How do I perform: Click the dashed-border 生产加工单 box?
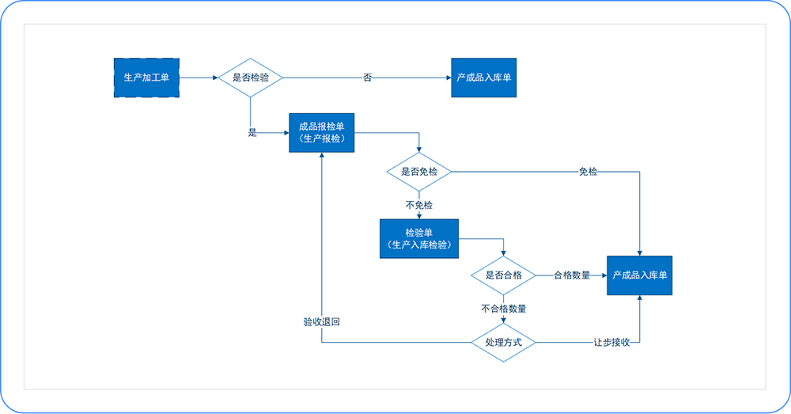tap(147, 78)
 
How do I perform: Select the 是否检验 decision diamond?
tap(250, 78)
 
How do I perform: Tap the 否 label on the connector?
tap(367, 78)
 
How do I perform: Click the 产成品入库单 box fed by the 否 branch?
tap(484, 78)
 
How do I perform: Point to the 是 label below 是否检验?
tap(252, 133)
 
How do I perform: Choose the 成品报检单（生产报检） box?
tap(321, 131)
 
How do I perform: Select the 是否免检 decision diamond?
tap(418, 172)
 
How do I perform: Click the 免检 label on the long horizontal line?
tap(588, 172)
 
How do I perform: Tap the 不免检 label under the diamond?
tap(418, 205)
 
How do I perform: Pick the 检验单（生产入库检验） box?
tap(419, 237)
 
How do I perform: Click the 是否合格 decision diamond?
tap(503, 275)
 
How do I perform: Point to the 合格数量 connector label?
tap(572, 275)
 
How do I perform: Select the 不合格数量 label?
tap(503, 309)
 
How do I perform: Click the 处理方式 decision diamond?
tap(503, 342)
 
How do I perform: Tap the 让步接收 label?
tap(611, 342)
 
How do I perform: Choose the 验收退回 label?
tap(322, 322)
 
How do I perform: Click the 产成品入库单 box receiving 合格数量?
tap(639, 275)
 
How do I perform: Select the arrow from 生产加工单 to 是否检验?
tap(198, 78)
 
